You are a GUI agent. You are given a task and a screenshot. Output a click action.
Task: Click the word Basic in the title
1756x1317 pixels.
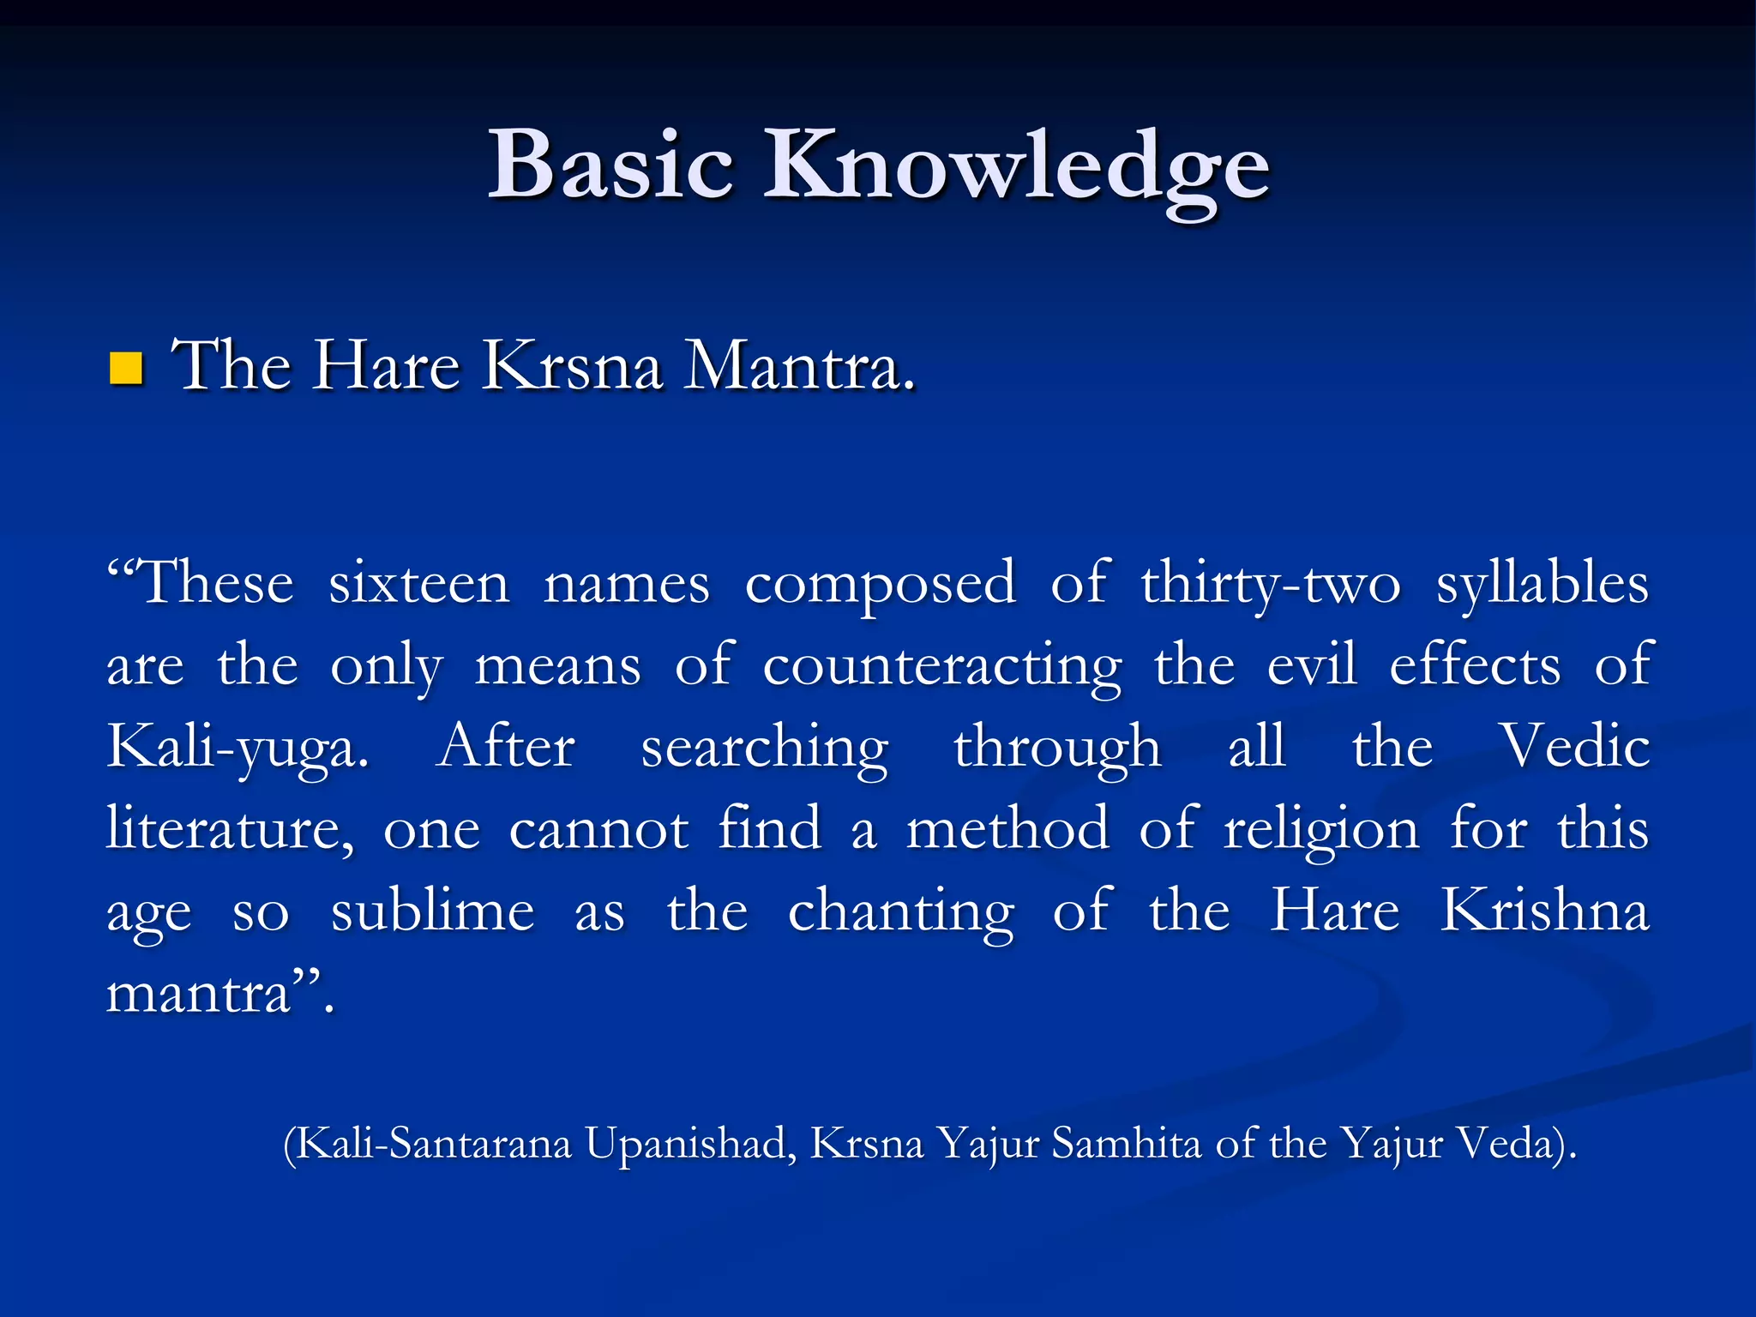pyautogui.click(x=610, y=165)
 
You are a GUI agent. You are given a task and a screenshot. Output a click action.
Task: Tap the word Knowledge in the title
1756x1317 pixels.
pyautogui.click(x=1016, y=167)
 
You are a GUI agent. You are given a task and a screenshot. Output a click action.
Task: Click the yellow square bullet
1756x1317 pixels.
pyautogui.click(x=126, y=369)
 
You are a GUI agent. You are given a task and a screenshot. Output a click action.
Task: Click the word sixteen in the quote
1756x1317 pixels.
pyautogui.click(x=419, y=583)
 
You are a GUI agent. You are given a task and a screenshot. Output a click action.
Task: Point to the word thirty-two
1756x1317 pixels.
pyautogui.click(x=1270, y=583)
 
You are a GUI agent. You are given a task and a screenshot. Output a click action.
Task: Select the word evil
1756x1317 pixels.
pyautogui.click(x=1312, y=664)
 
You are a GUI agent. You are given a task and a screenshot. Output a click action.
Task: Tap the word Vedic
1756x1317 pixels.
pyautogui.click(x=1573, y=746)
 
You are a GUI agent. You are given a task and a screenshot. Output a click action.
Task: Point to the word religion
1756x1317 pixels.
pyautogui.click(x=1321, y=830)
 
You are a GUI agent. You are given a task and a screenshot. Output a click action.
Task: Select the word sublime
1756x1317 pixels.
pyautogui.click(x=433, y=911)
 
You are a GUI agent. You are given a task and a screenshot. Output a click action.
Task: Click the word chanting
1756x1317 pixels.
pyautogui.click(x=900, y=911)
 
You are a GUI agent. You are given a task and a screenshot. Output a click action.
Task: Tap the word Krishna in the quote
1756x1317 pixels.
pyautogui.click(x=1544, y=910)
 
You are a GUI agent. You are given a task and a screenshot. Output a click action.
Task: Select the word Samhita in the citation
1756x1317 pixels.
pyautogui.click(x=1126, y=1143)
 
